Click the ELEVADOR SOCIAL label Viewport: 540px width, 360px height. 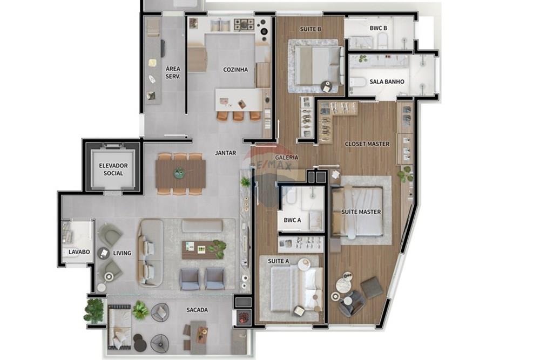point(113,169)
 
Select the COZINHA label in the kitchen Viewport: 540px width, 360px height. point(235,70)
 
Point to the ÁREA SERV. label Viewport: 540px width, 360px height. point(172,73)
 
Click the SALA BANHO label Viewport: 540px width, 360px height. point(387,82)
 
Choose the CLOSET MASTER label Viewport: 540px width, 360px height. point(367,144)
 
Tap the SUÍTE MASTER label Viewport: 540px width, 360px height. point(361,212)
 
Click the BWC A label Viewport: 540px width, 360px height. point(293,220)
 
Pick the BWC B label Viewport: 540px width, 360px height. point(377,28)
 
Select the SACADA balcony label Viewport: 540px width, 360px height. point(197,310)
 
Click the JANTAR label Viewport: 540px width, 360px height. point(225,153)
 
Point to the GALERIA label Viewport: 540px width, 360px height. point(287,157)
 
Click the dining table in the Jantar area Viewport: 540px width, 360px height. point(180,173)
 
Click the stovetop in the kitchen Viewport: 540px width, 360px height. point(244,24)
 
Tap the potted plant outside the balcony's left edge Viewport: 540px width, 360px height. point(94,310)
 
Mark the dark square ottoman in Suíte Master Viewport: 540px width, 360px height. point(372,287)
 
